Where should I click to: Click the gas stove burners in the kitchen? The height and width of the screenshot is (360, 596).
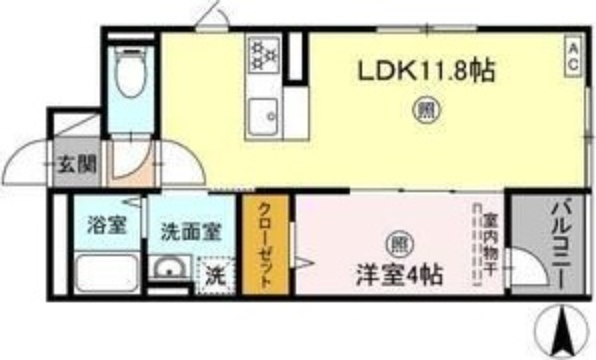point(263,54)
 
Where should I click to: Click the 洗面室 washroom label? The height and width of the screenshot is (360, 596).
point(191,231)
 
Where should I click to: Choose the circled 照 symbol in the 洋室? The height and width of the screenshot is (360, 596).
point(399,244)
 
